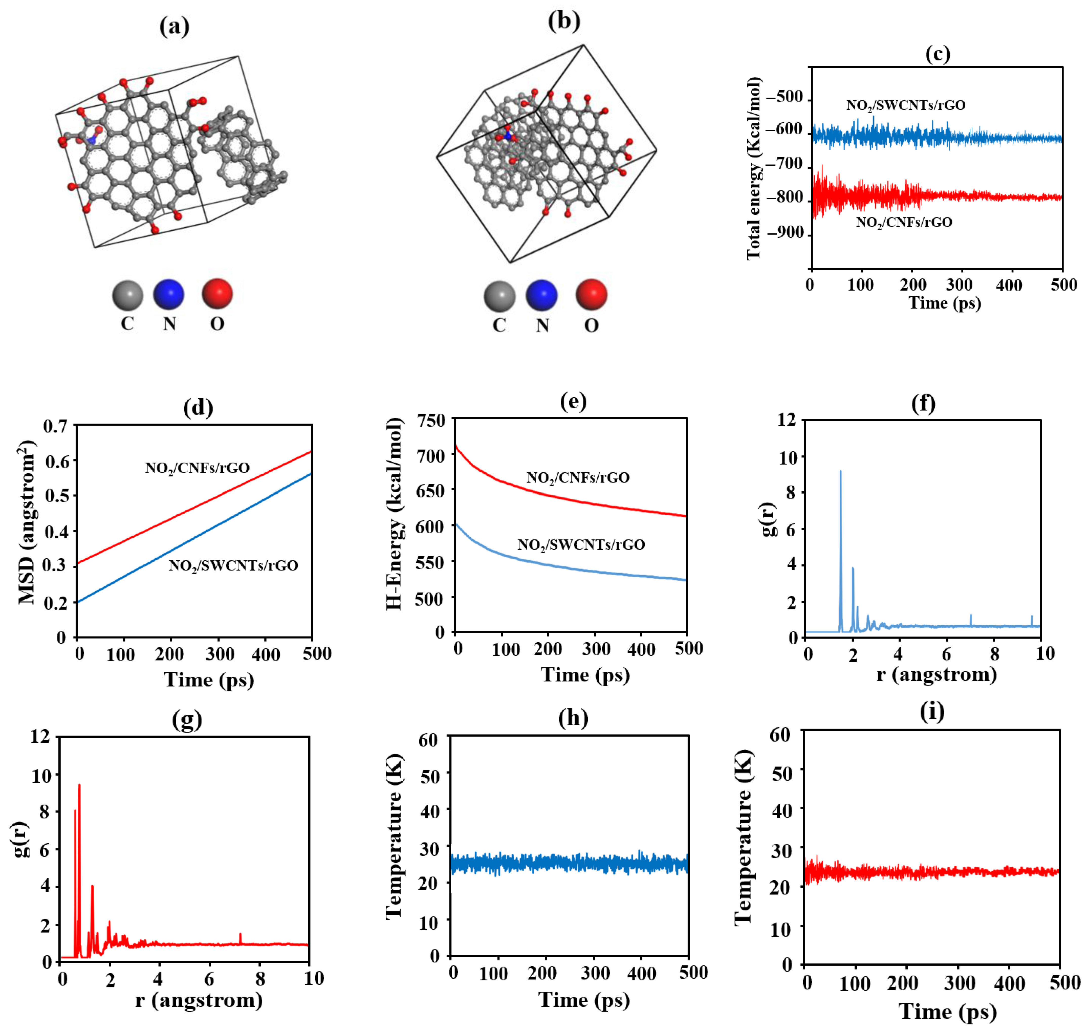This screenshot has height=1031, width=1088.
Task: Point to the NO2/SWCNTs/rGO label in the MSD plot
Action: pyautogui.click(x=233, y=565)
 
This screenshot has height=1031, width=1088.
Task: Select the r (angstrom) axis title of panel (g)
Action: pyautogui.click(x=199, y=1000)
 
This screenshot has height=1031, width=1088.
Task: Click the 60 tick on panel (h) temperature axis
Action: pyautogui.click(x=429, y=740)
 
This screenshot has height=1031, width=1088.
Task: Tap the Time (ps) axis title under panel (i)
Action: pyautogui.click(x=947, y=1011)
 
